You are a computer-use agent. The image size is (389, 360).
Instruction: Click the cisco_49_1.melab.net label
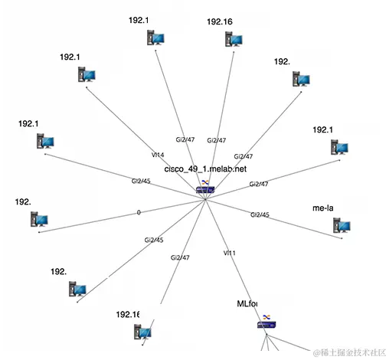[205, 168]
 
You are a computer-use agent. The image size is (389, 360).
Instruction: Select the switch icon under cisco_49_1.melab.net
[204, 188]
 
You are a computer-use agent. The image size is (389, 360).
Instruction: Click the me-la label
[323, 208]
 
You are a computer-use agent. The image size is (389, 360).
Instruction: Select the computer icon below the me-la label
[341, 225]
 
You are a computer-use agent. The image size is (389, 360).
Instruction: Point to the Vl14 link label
[158, 155]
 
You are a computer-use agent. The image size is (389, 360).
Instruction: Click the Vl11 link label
[229, 252]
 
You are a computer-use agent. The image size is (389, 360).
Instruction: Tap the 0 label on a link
[139, 212]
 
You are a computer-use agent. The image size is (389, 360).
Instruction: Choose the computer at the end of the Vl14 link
[87, 74]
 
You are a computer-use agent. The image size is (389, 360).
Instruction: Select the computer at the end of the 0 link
[39, 219]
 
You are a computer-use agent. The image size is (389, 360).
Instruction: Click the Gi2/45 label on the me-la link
[259, 214]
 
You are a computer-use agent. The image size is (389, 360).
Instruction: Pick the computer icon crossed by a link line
[143, 331]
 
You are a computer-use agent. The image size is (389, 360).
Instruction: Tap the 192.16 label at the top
[220, 22]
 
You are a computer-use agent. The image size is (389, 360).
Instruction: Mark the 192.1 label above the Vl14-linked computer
[70, 57]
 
